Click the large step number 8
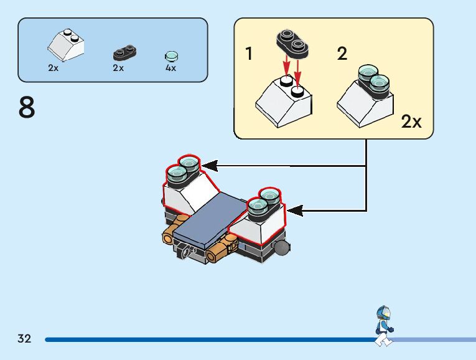[x=27, y=108]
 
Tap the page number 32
[x=24, y=339]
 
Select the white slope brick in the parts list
[x=66, y=44]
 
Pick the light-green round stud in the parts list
[x=172, y=55]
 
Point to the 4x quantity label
[x=171, y=68]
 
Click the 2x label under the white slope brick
[x=54, y=68]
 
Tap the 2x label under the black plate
[x=118, y=68]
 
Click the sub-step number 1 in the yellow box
[x=250, y=54]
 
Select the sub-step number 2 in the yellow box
[x=342, y=54]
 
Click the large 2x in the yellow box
[x=411, y=121]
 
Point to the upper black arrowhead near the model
[x=209, y=166]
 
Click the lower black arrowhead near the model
[x=295, y=211]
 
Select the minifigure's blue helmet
[x=383, y=311]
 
